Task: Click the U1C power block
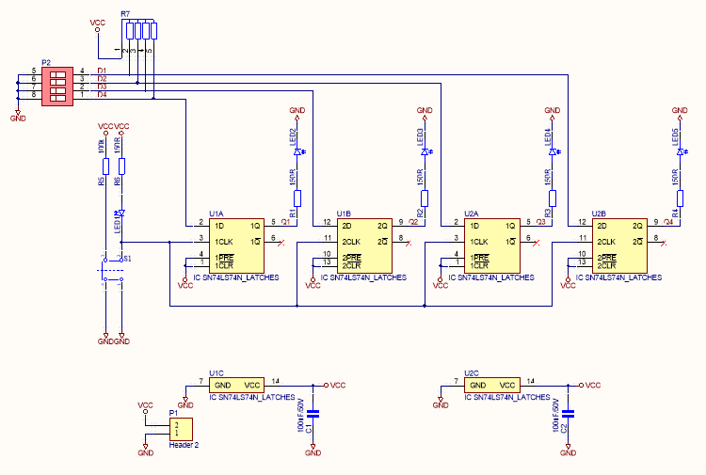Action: point(237,386)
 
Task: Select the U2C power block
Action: point(492,386)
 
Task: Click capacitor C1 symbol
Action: point(314,413)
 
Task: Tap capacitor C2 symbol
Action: point(569,413)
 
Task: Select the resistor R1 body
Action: point(297,198)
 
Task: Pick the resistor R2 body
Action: point(425,198)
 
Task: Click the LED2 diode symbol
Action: point(297,151)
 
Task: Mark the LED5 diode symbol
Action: point(680,151)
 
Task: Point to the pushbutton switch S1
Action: point(113,268)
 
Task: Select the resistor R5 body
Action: point(105,166)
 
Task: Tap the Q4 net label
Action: point(668,222)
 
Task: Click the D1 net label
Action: point(102,71)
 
